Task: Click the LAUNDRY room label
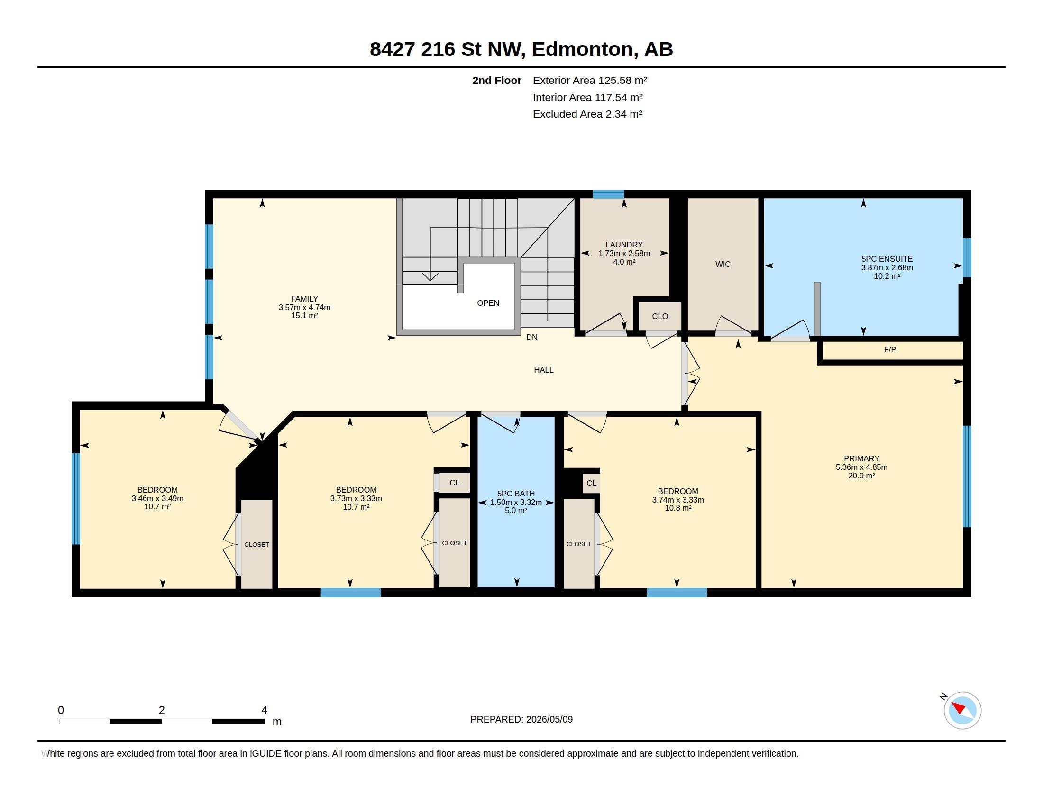click(x=624, y=245)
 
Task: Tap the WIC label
click(x=723, y=264)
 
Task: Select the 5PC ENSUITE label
click(x=887, y=259)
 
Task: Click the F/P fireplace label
click(x=890, y=349)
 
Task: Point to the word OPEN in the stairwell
click(x=488, y=303)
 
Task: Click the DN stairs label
click(x=531, y=337)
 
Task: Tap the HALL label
click(x=543, y=370)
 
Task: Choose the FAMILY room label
click(x=304, y=299)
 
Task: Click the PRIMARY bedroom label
click(x=861, y=458)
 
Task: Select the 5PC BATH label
click(x=516, y=494)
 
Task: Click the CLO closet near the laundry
click(x=659, y=317)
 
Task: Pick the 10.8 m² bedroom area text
click(x=677, y=508)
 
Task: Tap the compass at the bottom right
click(x=962, y=710)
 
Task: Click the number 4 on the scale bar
click(x=264, y=710)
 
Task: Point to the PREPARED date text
click(x=521, y=719)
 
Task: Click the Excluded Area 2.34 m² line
click(x=587, y=114)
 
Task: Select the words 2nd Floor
click(x=497, y=80)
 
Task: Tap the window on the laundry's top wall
click(x=608, y=194)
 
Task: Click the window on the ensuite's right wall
click(x=967, y=257)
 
